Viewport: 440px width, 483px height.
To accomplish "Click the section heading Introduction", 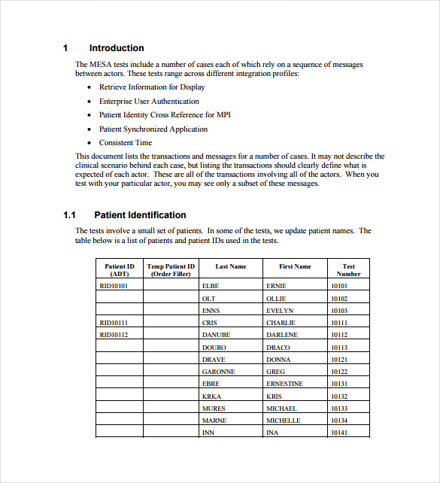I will coord(117,48).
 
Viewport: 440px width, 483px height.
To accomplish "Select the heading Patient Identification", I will coord(140,215).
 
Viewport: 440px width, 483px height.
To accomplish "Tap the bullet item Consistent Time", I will coord(126,143).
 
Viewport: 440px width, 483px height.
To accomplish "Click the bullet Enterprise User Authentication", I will coord(149,102).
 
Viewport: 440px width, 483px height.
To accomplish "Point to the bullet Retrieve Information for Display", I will coord(152,87).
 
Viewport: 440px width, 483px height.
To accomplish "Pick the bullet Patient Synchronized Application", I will coord(153,129).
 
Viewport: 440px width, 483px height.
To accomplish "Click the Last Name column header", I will coord(230,266).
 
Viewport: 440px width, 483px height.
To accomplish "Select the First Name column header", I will coord(295,266).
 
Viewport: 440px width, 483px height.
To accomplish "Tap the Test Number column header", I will coord(348,270).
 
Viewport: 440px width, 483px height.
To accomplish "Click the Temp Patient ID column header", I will coord(171,270).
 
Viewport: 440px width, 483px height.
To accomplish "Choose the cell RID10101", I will coord(114,286).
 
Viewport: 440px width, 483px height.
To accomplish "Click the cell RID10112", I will coord(114,335).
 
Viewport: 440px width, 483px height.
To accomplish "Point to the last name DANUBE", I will coord(216,335).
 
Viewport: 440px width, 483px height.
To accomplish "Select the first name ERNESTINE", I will coord(284,384).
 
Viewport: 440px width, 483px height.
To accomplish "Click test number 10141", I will coord(339,433).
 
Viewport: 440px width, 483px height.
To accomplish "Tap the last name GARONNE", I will coord(218,372).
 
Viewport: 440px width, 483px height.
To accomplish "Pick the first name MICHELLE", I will coord(283,421).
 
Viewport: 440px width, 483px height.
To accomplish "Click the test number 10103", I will coord(339,311).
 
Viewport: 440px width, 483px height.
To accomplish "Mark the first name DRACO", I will coord(278,348).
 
